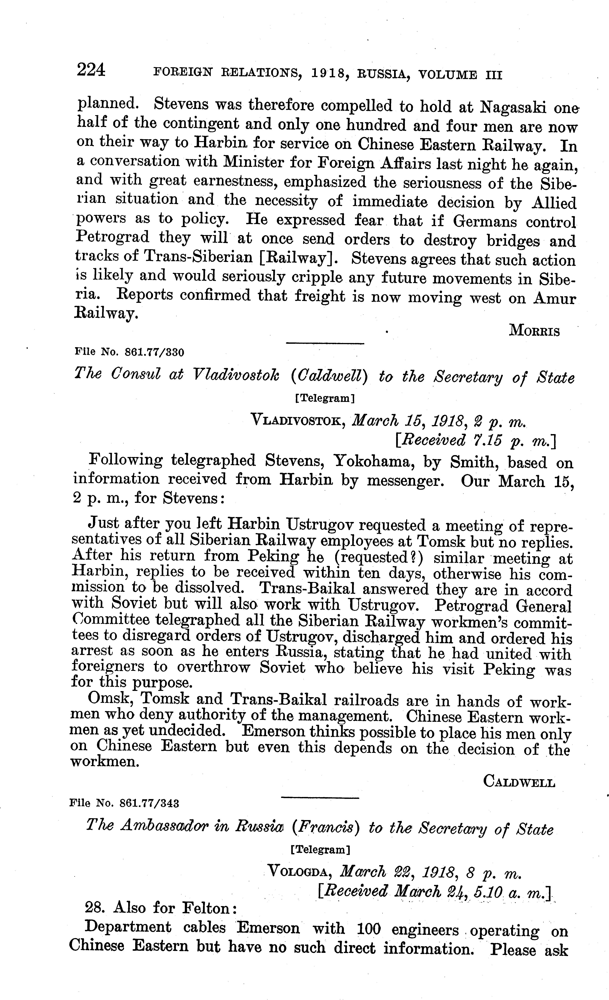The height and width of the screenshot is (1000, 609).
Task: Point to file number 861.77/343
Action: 150,803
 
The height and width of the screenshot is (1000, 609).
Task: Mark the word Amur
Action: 554,298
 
